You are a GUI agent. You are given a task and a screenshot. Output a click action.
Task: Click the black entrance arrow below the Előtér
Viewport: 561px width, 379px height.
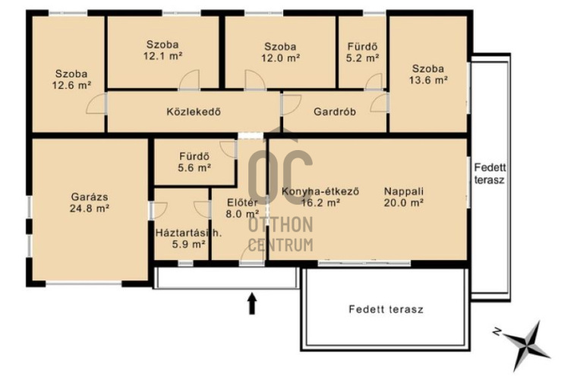(252, 303)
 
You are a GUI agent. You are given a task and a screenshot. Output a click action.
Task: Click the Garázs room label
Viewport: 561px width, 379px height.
(90, 197)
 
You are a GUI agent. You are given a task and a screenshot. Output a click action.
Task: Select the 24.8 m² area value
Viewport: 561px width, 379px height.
(90, 208)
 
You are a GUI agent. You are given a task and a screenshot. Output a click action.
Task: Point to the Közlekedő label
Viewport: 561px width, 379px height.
(194, 112)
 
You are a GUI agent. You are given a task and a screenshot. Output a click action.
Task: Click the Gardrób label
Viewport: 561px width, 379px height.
(335, 112)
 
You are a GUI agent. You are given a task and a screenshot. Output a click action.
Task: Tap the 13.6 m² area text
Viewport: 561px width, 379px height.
(428, 80)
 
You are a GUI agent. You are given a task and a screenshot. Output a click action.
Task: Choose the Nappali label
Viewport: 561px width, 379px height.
(404, 192)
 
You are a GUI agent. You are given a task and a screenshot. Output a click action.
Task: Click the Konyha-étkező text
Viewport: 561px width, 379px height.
(320, 192)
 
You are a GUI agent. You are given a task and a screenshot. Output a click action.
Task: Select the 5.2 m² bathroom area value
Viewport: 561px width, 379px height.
(362, 58)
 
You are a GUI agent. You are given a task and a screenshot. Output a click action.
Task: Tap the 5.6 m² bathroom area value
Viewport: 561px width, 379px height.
(194, 168)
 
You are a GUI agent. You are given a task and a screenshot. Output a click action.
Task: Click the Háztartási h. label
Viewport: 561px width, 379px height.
(188, 233)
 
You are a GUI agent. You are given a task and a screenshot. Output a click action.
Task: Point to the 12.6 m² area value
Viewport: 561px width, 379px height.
(71, 86)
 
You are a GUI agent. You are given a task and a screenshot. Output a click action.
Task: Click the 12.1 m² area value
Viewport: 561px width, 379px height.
(163, 56)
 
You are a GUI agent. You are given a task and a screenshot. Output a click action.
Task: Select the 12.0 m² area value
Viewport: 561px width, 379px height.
(281, 58)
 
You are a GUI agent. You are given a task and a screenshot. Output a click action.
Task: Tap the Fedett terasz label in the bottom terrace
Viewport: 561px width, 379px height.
(386, 309)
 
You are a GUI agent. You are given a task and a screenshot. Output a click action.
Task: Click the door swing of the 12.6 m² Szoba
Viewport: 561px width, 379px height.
(96, 104)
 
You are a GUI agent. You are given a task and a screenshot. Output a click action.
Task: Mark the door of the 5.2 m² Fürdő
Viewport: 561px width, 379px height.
(374, 81)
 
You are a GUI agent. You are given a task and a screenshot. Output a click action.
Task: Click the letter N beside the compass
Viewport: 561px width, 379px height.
(496, 331)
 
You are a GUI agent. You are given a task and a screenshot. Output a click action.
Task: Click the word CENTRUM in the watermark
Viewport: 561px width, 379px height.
(281, 245)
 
